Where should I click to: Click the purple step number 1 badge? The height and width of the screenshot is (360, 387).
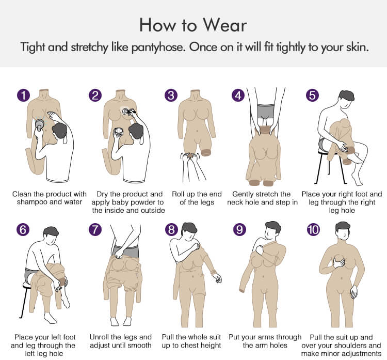(x=23, y=96)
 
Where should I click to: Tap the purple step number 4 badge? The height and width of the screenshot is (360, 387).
(x=238, y=96)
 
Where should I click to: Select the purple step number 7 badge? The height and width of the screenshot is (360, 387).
(x=95, y=229)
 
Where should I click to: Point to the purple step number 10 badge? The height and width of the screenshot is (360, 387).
(x=313, y=229)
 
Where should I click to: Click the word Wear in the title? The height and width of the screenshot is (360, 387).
(x=224, y=25)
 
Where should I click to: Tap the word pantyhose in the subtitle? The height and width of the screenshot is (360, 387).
(x=158, y=48)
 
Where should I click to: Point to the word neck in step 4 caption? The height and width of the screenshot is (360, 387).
(x=234, y=202)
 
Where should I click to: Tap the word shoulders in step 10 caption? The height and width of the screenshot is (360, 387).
(x=354, y=345)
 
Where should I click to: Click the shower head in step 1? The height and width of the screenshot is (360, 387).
(x=40, y=125)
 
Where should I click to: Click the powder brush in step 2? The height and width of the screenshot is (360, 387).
(x=126, y=112)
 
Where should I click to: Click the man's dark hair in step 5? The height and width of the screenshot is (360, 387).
(x=347, y=96)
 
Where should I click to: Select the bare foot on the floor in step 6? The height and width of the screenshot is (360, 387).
(x=50, y=318)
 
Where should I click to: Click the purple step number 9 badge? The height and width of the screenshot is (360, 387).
(x=239, y=229)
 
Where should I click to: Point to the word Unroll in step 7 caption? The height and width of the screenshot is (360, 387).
(x=99, y=337)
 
